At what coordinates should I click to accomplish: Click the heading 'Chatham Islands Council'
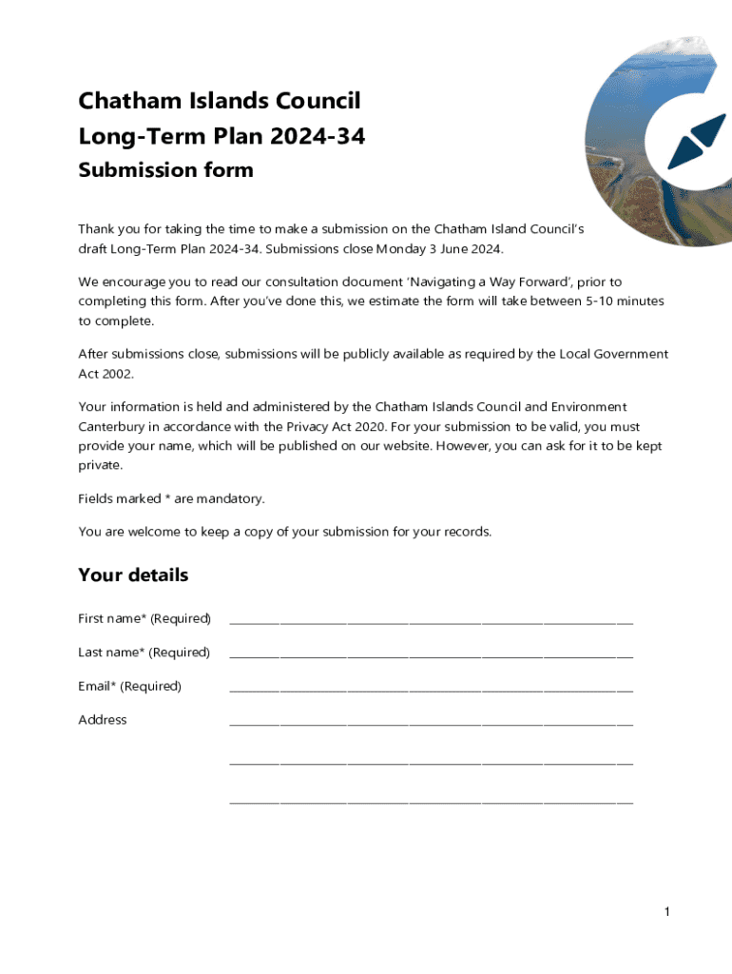point(219,101)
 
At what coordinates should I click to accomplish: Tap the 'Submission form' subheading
point(165,170)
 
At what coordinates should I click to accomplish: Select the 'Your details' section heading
point(133,575)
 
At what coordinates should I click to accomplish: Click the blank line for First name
point(431,621)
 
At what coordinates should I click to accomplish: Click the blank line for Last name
point(431,654)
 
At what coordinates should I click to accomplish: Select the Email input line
point(431,689)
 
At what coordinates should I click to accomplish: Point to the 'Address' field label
point(102,720)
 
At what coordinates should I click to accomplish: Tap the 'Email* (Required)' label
point(129,686)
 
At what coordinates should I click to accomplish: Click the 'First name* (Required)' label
point(144,619)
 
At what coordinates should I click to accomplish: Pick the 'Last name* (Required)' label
point(144,653)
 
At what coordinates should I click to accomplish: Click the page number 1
point(667,913)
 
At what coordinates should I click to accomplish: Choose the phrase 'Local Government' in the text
point(613,354)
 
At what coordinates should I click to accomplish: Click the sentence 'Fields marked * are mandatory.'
point(171,498)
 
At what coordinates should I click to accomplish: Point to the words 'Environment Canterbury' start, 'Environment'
point(589,407)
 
